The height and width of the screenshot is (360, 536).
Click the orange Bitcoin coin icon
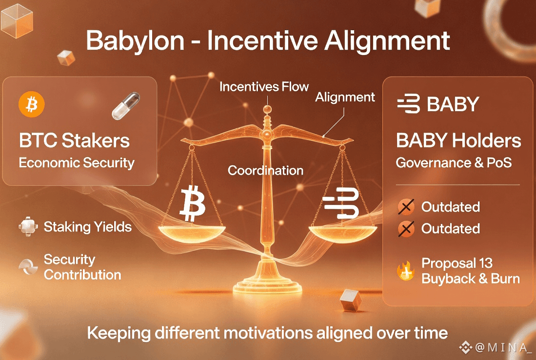[x=31, y=104]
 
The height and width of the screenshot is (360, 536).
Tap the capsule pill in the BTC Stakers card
[x=126, y=106]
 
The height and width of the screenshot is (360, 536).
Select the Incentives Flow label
[x=264, y=87]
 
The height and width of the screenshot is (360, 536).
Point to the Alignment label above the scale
[x=345, y=98]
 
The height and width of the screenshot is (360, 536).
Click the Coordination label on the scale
[x=266, y=170]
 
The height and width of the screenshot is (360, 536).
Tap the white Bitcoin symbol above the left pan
[x=193, y=203]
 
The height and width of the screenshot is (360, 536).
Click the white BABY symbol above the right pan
[x=341, y=203]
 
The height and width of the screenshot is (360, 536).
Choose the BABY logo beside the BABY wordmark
[x=409, y=103]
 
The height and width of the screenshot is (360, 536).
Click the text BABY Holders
[x=458, y=140]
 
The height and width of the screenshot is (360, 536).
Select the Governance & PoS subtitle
[x=454, y=163]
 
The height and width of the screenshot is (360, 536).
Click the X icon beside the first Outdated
[x=406, y=207]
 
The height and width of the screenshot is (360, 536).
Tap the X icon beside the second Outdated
[x=406, y=229]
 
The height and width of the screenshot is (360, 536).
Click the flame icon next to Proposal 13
[x=406, y=271]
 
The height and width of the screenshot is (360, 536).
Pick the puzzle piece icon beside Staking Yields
[x=28, y=226]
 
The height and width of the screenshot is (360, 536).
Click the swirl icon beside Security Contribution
[x=28, y=267]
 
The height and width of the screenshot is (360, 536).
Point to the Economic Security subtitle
[x=77, y=163]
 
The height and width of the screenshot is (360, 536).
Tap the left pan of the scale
[x=192, y=234]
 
